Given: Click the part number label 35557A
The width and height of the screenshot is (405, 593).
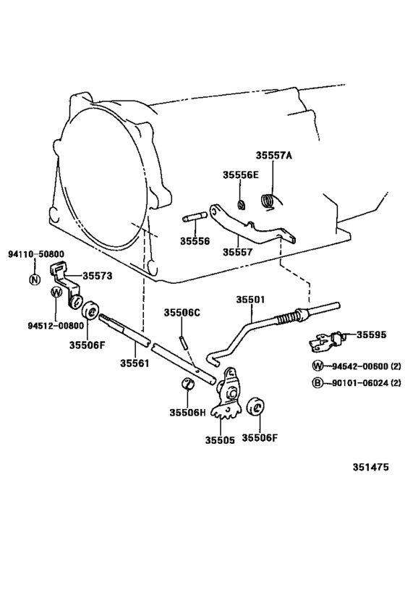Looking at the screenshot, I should pyautogui.click(x=275, y=155).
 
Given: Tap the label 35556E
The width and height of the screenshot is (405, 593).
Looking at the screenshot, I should pyautogui.click(x=240, y=174).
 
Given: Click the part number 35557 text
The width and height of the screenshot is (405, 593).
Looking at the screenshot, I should pyautogui.click(x=236, y=252).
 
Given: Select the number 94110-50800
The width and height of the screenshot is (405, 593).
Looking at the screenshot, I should pyautogui.click(x=36, y=254).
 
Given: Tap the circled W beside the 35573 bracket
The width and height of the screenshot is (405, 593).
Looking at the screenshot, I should pyautogui.click(x=56, y=293).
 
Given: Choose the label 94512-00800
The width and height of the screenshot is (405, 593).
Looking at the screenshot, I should pyautogui.click(x=36, y=327).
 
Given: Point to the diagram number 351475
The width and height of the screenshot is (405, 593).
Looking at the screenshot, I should pyautogui.click(x=370, y=467).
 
